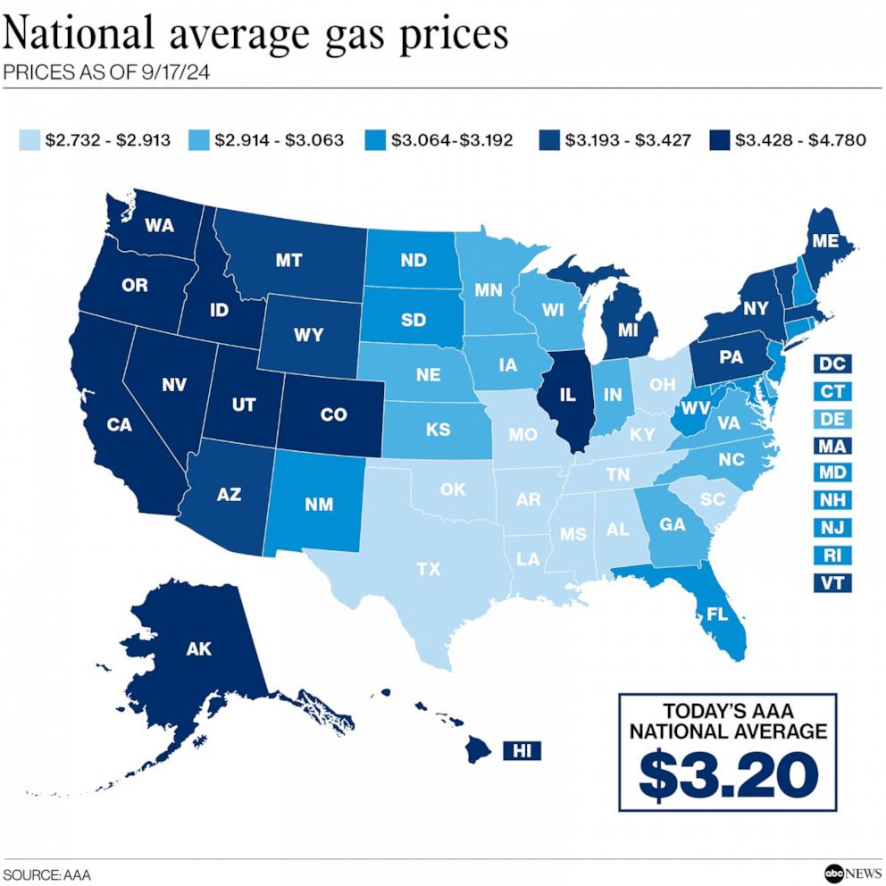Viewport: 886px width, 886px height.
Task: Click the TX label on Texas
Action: click(429, 569)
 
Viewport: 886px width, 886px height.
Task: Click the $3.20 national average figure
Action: click(730, 774)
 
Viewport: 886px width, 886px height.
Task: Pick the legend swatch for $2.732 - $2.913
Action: click(29, 140)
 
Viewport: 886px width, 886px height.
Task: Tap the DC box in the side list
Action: click(832, 364)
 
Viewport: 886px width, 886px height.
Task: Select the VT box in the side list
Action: click(832, 582)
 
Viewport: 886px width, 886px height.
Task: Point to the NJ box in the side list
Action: click(832, 527)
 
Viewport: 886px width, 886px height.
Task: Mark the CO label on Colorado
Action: click(333, 414)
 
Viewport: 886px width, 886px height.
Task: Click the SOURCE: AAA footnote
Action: click(47, 873)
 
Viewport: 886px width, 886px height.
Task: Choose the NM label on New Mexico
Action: click(318, 506)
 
